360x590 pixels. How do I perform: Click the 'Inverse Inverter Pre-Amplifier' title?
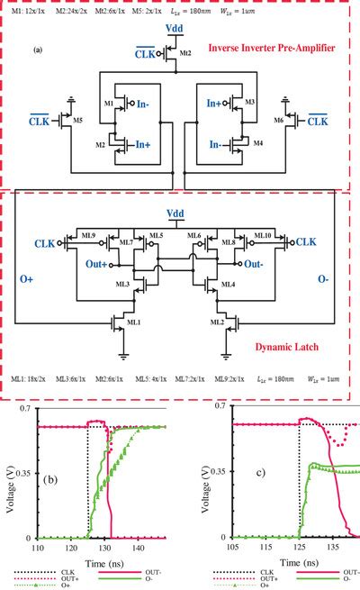(282, 47)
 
